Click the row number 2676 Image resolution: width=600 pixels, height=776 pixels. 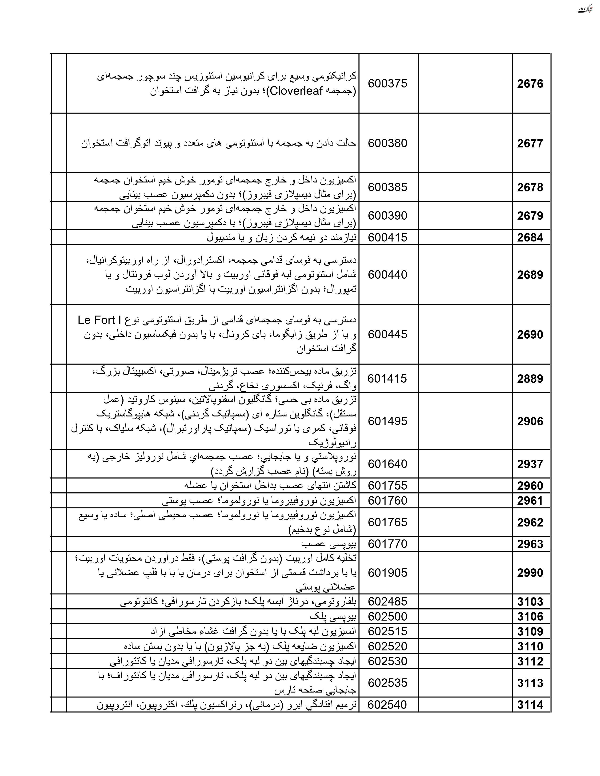[530, 84]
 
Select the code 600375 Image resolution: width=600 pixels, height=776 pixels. [388, 84]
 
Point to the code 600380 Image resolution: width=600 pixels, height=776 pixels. [388, 143]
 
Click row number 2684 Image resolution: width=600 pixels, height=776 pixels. [530, 237]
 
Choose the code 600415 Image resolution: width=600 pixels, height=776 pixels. [388, 237]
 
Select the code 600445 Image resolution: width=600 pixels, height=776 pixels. [388, 334]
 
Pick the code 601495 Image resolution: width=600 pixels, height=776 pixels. [388, 421]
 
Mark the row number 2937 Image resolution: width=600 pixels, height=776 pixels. [530, 464]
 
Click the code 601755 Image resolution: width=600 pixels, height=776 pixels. [388, 486]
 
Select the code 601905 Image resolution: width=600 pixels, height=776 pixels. [388, 573]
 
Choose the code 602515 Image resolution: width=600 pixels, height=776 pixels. [388, 631]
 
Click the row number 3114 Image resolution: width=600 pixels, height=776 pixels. [530, 705]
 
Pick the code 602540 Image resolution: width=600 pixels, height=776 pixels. [388, 705]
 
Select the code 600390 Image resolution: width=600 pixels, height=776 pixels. [388, 216]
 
